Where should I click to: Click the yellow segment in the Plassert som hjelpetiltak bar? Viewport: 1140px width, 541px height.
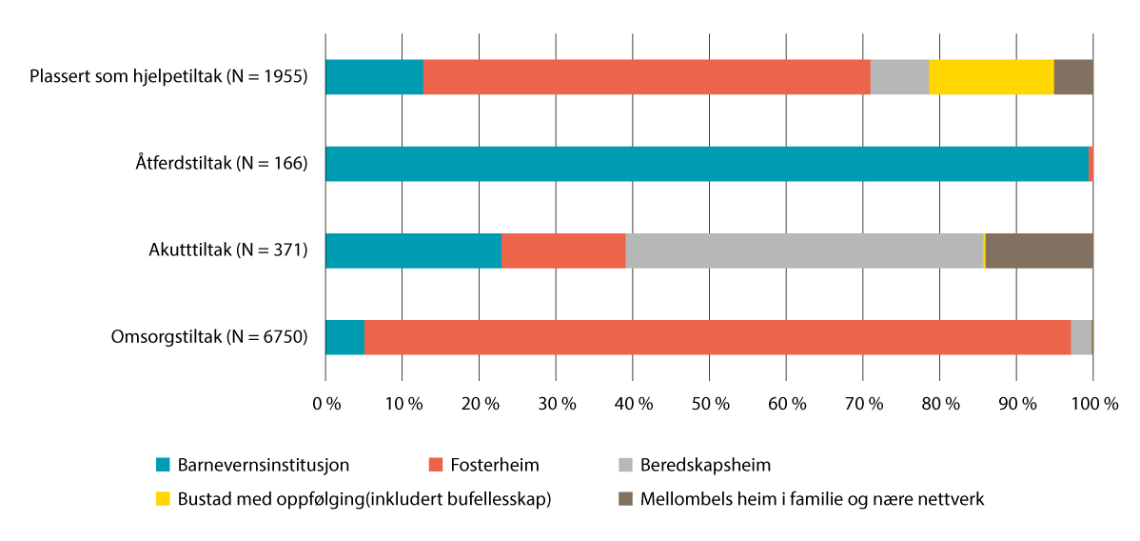[x=991, y=77]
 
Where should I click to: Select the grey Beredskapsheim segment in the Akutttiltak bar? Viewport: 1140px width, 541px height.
[x=804, y=250]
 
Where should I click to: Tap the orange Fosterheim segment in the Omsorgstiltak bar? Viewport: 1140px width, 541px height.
[x=717, y=337]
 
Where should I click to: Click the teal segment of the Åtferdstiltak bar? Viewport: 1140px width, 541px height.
[x=706, y=164]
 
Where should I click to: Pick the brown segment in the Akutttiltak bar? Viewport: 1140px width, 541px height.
[x=1039, y=250]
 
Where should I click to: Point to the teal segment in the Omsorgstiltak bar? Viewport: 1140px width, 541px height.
[x=344, y=337]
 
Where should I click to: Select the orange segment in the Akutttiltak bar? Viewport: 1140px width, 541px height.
[x=563, y=250]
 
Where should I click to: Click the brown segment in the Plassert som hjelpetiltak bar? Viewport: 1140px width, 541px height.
[x=1073, y=77]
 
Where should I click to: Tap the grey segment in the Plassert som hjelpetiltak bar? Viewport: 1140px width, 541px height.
[x=899, y=77]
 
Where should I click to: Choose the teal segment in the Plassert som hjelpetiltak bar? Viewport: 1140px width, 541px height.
[x=374, y=77]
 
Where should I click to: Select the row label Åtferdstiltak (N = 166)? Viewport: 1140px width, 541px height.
[x=222, y=164]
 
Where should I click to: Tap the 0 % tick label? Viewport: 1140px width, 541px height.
[x=326, y=404]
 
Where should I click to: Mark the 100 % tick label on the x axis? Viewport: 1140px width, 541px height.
[x=1094, y=404]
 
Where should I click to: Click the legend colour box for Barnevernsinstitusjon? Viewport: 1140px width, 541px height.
[x=163, y=466]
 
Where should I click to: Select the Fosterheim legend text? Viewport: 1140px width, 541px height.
[x=495, y=466]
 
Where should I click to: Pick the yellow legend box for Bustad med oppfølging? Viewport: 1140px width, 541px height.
[x=163, y=499]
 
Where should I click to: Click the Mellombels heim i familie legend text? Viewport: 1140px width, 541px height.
[x=812, y=499]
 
